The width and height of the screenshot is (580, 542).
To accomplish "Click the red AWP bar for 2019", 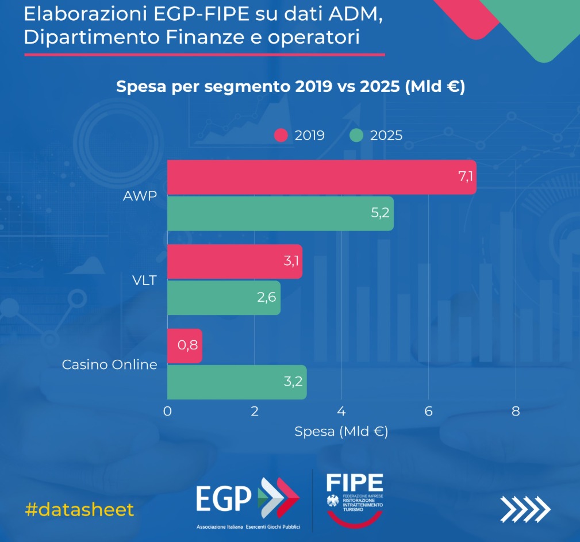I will (x=321, y=177).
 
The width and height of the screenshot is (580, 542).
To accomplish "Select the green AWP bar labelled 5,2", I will (x=280, y=213).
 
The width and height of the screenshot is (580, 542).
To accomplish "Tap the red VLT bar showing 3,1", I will (x=235, y=262).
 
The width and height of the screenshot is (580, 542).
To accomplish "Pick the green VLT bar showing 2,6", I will (x=224, y=298).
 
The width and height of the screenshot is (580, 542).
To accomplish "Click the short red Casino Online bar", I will (x=185, y=346).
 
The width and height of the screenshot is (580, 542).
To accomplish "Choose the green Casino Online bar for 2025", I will (x=237, y=382).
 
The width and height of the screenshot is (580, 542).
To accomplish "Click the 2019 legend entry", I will (x=299, y=136).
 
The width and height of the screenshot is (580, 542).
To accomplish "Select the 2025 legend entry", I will (x=377, y=136).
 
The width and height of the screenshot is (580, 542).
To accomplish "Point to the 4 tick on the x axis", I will (x=341, y=412).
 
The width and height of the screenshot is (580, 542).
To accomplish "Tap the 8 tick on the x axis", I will (x=516, y=412).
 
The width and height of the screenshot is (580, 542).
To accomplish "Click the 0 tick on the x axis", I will (x=167, y=412).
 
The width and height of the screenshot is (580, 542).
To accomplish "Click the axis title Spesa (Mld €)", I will (x=341, y=432).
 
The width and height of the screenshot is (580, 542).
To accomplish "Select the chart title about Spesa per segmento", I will (x=290, y=87).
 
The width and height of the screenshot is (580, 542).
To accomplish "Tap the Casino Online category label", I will (x=109, y=364).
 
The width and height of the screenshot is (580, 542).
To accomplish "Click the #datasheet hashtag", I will (x=80, y=509).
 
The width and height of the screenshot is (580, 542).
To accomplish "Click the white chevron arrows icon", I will (x=525, y=508).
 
